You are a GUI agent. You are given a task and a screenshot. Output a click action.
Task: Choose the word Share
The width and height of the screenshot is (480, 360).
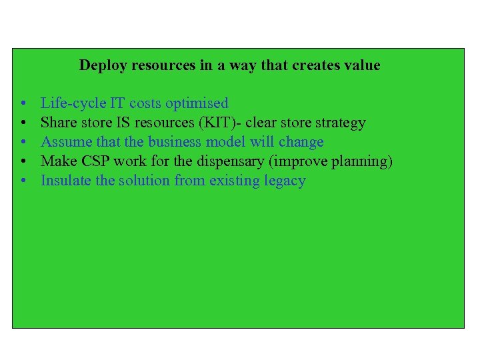tap(58, 123)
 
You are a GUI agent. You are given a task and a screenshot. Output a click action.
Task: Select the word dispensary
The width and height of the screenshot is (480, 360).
tap(230, 161)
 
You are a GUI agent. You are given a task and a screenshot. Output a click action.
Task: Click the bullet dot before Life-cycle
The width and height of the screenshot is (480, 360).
tap(23, 104)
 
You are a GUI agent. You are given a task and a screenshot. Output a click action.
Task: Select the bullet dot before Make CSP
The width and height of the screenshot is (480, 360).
tap(23, 162)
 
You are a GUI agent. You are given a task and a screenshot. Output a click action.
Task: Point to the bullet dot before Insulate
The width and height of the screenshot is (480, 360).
tap(23, 181)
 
